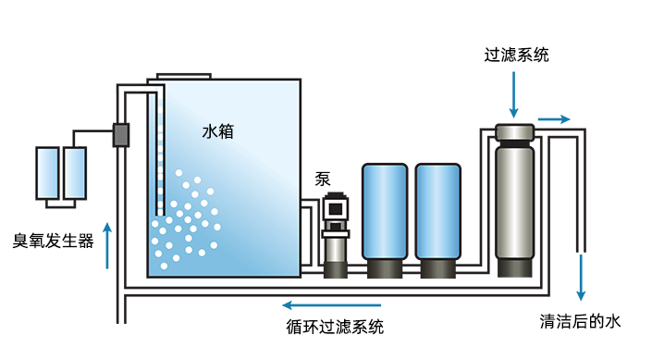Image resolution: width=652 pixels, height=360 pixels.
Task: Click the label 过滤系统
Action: tap(517, 55)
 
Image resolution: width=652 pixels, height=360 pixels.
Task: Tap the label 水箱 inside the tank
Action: tap(217, 131)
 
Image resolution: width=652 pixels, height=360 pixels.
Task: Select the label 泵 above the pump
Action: tap(323, 180)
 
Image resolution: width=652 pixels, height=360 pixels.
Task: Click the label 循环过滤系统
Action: tap(336, 326)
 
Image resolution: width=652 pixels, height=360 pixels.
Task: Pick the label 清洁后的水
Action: tap(579, 321)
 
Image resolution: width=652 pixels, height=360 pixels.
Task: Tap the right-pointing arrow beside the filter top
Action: tap(554, 119)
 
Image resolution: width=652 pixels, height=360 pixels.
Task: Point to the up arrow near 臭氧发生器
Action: tap(108, 245)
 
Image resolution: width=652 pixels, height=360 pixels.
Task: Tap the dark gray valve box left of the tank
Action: tap(120, 135)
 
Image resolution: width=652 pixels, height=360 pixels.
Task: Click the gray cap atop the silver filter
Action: tap(514, 131)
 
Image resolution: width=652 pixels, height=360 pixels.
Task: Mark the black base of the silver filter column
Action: tap(514, 268)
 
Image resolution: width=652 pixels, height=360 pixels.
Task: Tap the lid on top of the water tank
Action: tap(184, 75)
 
